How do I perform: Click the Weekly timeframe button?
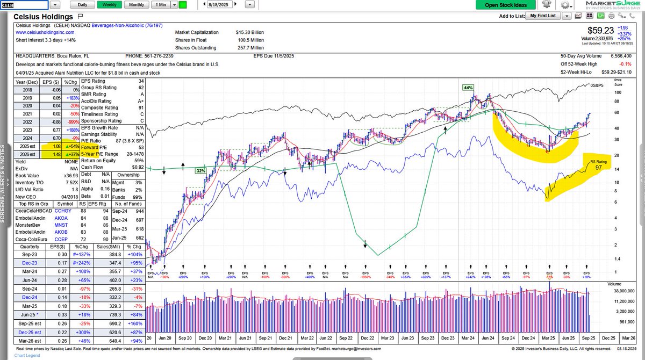click(x=109, y=5)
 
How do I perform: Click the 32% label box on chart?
click(x=201, y=170)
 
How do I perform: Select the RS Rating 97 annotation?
click(x=597, y=164)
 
